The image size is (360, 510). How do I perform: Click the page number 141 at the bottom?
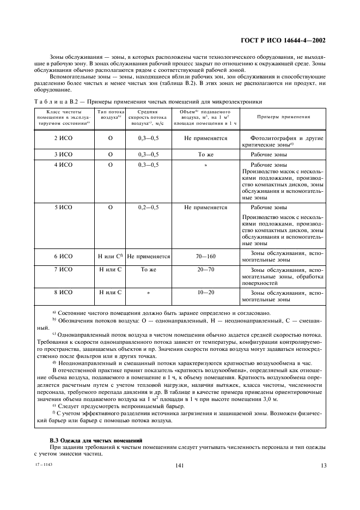pos(180,465)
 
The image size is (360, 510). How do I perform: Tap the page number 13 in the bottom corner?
pos(323,465)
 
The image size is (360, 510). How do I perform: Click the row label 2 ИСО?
pos(63,138)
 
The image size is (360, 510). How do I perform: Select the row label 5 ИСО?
pos(63,208)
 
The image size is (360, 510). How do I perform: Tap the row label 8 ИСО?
pos(63,293)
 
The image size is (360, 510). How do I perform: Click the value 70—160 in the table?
pos(206,255)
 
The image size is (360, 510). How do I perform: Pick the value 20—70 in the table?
pos(206,270)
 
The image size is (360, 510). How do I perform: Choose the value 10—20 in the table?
pos(206,293)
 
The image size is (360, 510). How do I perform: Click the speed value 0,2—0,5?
pos(148,208)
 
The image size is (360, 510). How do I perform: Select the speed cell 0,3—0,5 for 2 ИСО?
pos(148,138)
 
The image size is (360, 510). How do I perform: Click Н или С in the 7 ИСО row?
pos(110,270)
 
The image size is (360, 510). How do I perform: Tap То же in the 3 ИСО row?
pos(206,155)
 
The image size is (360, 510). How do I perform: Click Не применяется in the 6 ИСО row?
pos(149,256)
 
